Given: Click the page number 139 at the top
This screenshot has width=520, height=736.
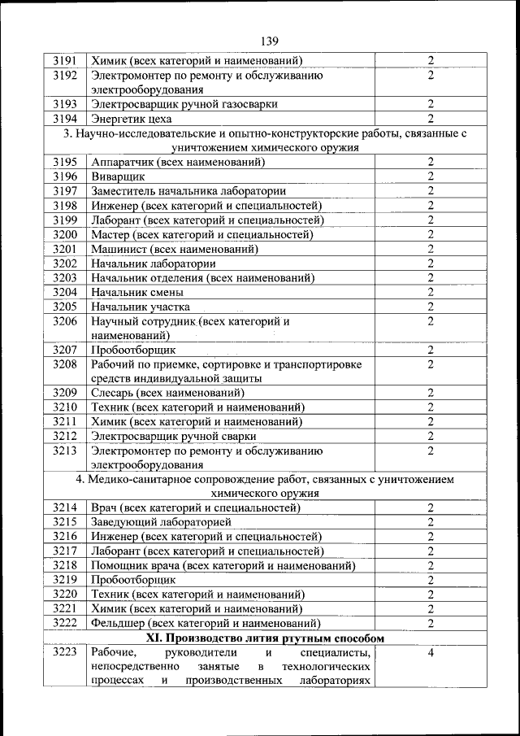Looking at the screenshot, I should coord(269,41).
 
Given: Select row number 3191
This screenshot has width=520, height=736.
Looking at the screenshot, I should coord(64,60).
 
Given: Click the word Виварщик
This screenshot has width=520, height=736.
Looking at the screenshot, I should coord(119,176).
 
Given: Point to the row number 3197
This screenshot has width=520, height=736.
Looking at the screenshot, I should coord(64,191).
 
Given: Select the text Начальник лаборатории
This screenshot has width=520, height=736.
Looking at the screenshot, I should coord(154,263).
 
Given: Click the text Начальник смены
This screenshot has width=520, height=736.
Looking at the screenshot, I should coord(137,292).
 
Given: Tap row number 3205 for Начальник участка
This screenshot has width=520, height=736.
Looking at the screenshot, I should coord(64,307).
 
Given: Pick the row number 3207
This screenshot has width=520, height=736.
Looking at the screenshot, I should coord(64,350).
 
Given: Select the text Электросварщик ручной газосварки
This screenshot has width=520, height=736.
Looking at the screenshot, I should coord(184,104).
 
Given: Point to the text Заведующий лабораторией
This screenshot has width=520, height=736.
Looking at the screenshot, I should coord(162,522).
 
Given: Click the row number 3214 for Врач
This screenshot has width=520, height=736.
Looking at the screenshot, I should coord(64,507).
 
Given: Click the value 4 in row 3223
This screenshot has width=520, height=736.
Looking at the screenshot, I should coord(431,652).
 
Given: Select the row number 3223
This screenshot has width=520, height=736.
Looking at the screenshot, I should coord(64,652).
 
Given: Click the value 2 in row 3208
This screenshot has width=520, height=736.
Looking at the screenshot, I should coord(431,364).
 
